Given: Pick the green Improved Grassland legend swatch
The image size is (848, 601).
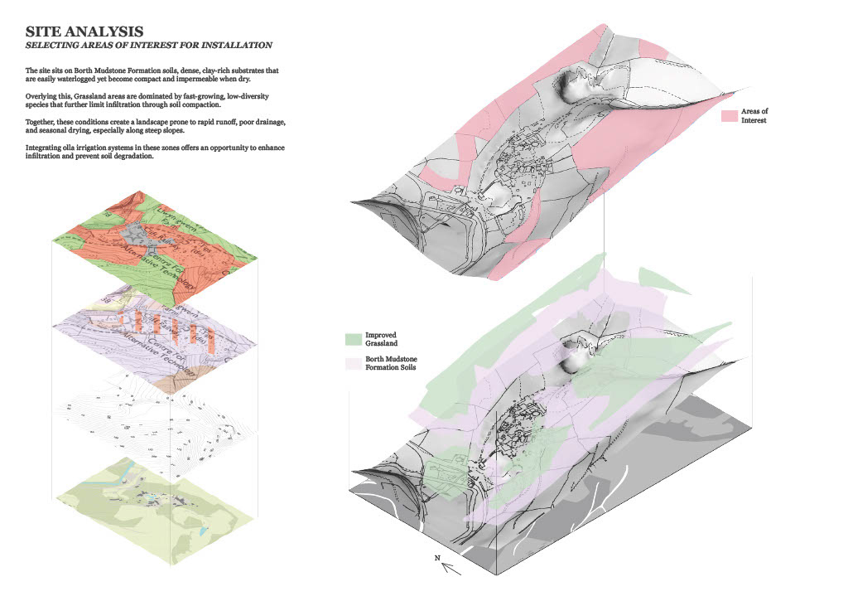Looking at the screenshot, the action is [x=353, y=338].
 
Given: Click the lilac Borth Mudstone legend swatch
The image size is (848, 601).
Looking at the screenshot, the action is [x=353, y=363].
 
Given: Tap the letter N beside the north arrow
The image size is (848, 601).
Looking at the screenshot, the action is [x=437, y=558].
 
